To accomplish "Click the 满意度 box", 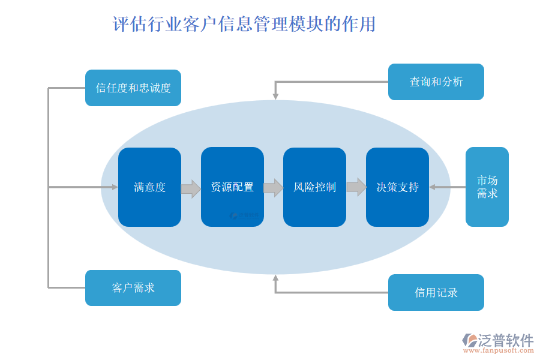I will pos(149,187).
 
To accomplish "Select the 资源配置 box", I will pos(232,187).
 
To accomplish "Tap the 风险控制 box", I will pos(314,187).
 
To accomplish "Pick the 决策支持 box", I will pos(397,187).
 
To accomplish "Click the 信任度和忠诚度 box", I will pos(133,88).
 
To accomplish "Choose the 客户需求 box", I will pos(133,288).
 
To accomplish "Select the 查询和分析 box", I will pos(436,82).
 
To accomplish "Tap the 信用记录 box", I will pos(436,293).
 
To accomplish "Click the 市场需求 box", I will pos(487,187).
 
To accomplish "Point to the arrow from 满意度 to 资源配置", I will pos(191,188).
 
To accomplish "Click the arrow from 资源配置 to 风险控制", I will pos(274,188).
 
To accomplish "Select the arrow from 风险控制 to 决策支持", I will pos(356,187).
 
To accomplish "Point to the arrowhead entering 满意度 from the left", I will pos(115,187).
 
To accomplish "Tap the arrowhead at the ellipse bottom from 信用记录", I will pos(275,278).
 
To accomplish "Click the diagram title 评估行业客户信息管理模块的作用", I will pos(244,25).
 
